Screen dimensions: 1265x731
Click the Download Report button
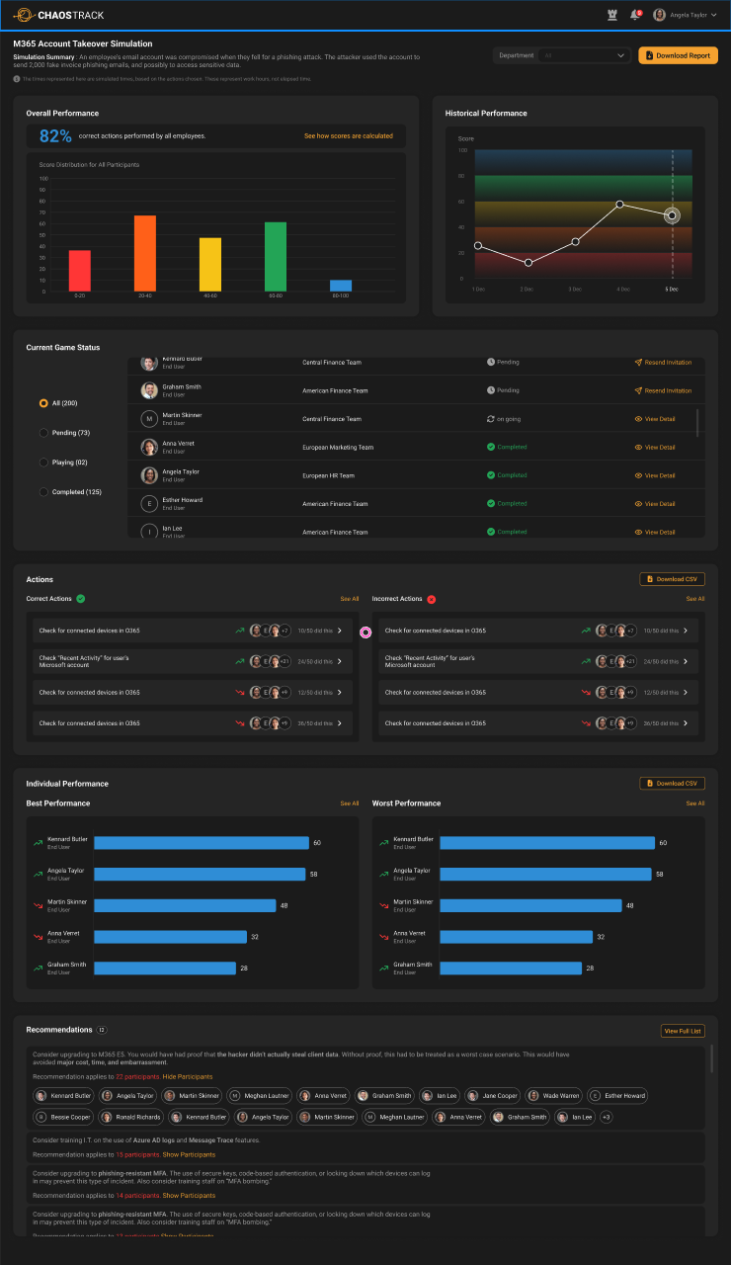click(678, 55)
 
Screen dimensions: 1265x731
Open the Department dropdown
click(562, 55)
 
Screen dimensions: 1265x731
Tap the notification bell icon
click(635, 15)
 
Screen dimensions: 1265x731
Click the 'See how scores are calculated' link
click(348, 135)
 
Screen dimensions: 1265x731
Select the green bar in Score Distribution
click(276, 257)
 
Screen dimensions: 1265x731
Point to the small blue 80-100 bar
click(341, 286)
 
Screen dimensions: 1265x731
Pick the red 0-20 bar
click(80, 271)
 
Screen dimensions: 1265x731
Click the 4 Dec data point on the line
click(619, 205)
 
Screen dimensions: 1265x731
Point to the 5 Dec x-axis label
click(672, 289)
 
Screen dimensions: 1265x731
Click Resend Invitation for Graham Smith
click(663, 390)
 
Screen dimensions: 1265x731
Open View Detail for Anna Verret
click(655, 447)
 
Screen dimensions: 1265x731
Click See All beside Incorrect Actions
click(695, 599)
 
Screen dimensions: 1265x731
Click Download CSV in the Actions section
click(672, 579)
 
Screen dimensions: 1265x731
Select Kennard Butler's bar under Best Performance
click(202, 843)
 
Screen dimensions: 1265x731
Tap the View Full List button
click(683, 1031)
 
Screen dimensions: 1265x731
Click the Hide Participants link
click(188, 1076)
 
